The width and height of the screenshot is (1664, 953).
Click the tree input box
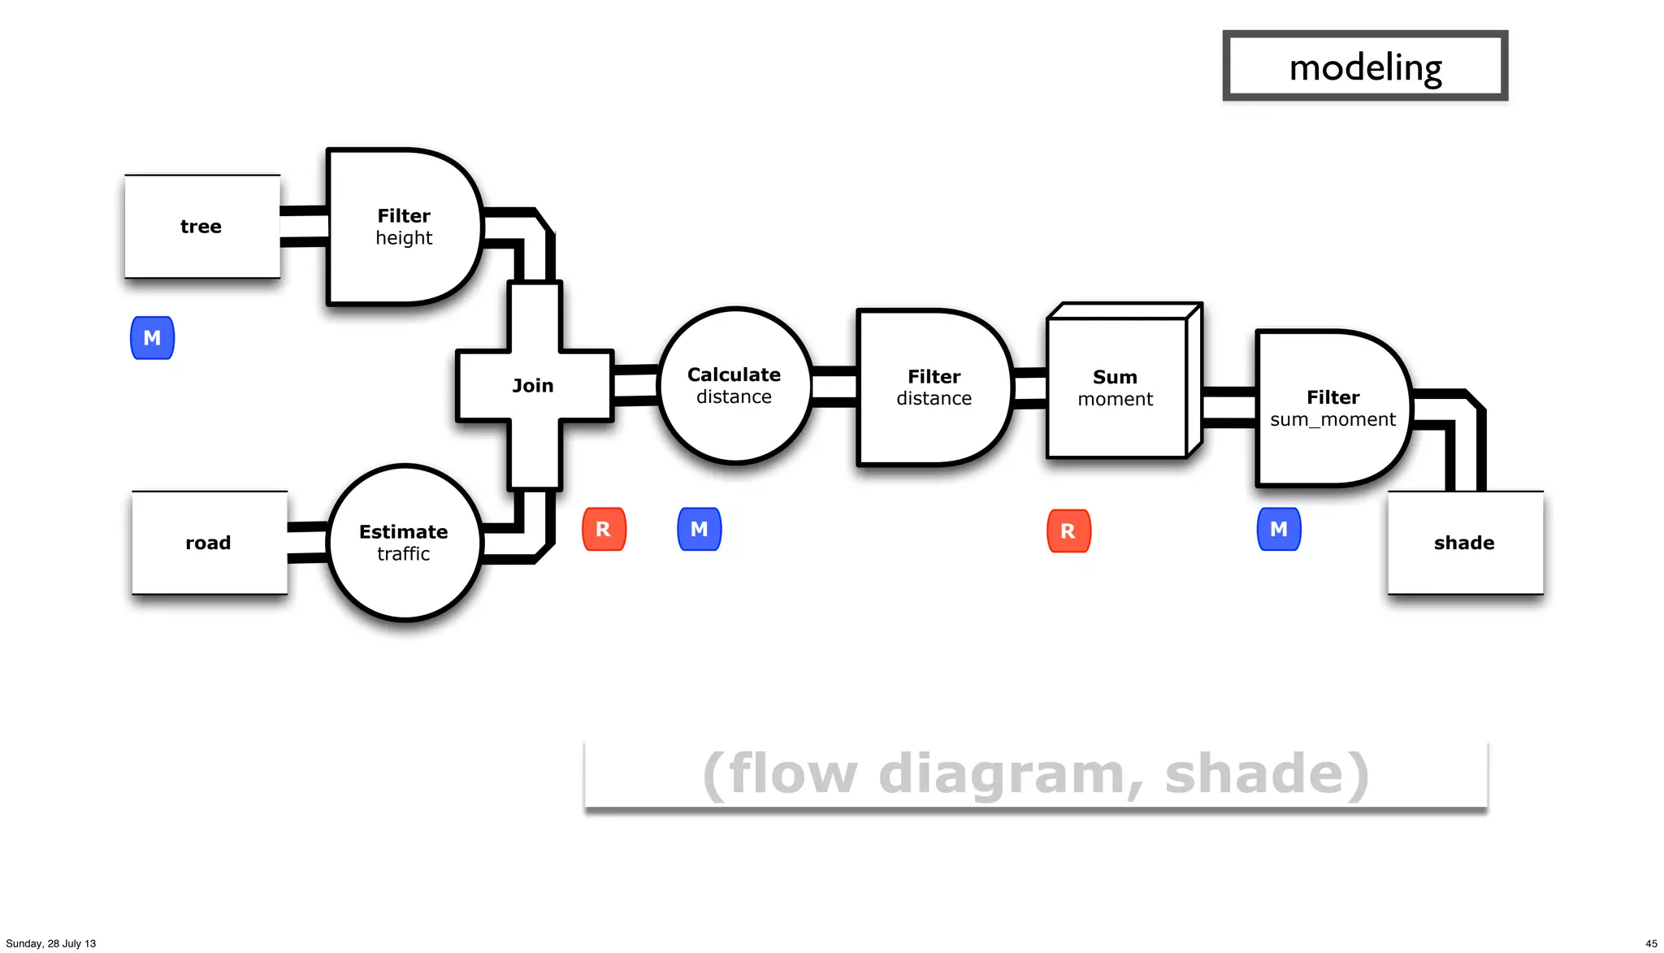point(201,227)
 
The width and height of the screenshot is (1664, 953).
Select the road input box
point(209,543)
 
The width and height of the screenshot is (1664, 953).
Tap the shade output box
point(1464,543)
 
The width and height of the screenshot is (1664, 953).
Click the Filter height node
point(403,227)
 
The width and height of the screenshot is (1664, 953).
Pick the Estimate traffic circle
point(404,543)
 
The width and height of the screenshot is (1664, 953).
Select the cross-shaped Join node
point(534,386)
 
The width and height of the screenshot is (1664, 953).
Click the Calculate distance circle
point(734,386)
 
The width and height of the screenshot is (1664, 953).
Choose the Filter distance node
point(934,388)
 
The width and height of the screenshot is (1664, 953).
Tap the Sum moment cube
point(1116,388)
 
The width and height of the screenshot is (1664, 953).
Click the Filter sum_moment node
point(1332,408)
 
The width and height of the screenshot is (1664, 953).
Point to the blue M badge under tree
point(152,338)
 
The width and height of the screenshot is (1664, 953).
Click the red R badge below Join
point(604,530)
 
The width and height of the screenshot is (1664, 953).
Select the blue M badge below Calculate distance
point(699,530)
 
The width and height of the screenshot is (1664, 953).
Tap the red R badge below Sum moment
point(1068,531)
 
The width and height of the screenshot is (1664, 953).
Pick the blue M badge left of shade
point(1279,530)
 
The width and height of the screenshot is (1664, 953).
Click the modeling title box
point(1365,67)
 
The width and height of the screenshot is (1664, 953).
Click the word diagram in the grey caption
point(1002,773)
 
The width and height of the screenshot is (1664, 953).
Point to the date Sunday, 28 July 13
point(51,943)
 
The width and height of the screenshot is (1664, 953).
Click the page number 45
point(1651,943)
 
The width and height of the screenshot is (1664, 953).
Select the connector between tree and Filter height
point(304,227)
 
